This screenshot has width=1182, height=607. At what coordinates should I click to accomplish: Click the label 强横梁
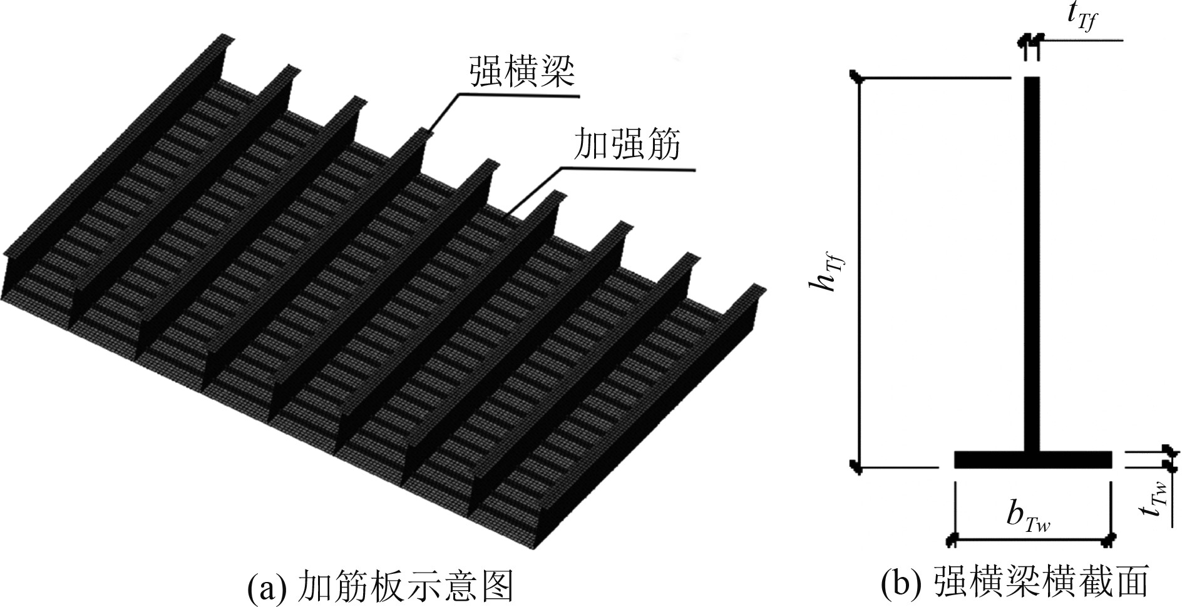click(522, 74)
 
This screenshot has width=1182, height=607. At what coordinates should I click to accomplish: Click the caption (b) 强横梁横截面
click(1015, 583)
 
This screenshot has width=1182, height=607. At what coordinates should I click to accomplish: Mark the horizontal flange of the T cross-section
click(1033, 459)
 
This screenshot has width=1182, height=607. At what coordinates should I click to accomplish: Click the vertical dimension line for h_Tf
click(860, 276)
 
